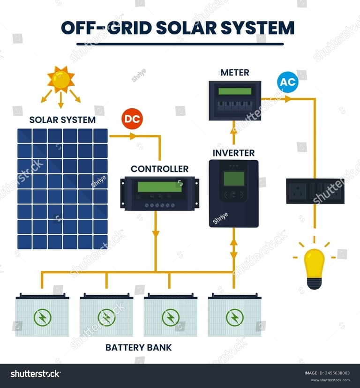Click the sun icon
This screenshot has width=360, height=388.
click(61, 79)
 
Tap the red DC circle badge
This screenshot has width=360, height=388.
click(132, 119)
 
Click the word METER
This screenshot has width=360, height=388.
click(235, 73)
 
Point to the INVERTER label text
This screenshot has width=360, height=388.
click(233, 153)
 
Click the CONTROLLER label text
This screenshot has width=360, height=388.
click(159, 169)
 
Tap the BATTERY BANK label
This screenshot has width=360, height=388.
click(138, 347)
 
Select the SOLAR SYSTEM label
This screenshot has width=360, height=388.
click(62, 119)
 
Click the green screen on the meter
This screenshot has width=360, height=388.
click(235, 91)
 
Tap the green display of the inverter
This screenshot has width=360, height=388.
click(234, 179)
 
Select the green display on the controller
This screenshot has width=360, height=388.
click(159, 187)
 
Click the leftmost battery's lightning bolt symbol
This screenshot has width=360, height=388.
click(42, 318)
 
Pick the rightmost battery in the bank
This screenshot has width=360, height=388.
click(234, 315)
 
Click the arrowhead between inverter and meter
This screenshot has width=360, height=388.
click(234, 127)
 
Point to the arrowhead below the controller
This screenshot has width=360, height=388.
click(156, 232)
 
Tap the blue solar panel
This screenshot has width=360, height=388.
click(62, 188)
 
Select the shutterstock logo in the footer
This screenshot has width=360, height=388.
click(36, 373)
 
